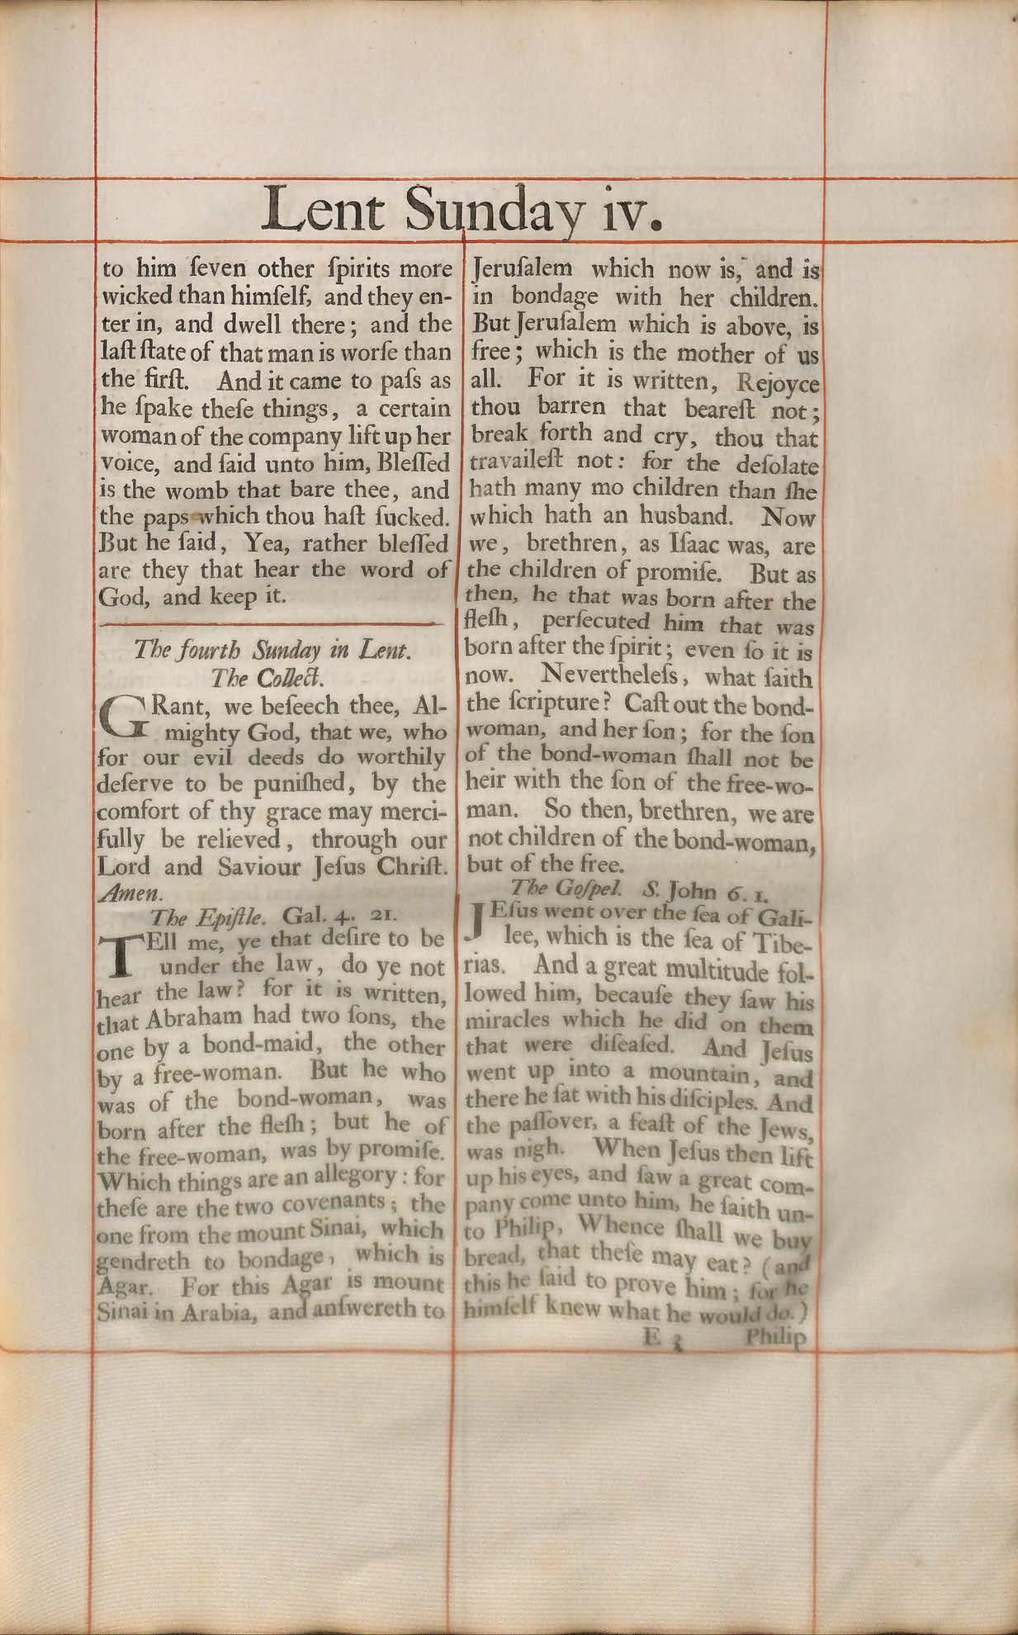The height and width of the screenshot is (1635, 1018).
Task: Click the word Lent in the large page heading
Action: (324, 210)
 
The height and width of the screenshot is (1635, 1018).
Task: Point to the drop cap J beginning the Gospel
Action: (474, 923)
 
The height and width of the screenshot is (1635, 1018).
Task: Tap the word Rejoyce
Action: (777, 384)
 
